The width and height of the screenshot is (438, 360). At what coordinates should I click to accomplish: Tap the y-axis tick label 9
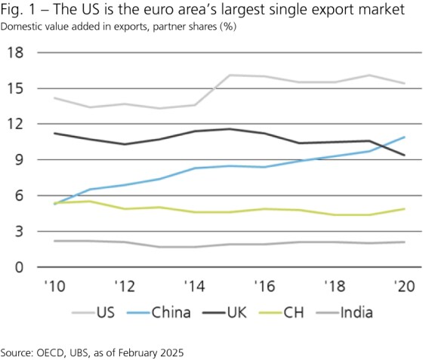pos(19,160)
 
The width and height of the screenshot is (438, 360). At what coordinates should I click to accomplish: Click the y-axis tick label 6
pos(19,196)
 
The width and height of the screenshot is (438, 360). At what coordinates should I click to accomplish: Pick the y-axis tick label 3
pos(19,232)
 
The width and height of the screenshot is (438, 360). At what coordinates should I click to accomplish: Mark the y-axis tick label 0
pos(19,268)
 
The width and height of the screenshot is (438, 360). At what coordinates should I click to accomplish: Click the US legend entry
pos(107,311)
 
